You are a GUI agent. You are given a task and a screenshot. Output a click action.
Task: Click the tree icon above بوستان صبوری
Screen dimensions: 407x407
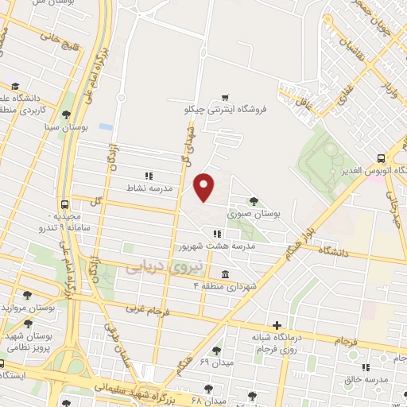pyautogui.click(x=253, y=201)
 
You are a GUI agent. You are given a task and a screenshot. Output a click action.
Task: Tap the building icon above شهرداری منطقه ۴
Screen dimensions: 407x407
pyautogui.click(x=226, y=273)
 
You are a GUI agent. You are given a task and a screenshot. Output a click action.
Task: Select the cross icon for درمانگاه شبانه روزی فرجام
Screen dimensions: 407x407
pyautogui.click(x=276, y=324)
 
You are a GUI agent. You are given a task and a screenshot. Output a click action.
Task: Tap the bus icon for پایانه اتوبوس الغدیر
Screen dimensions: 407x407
pyautogui.click(x=381, y=158)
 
